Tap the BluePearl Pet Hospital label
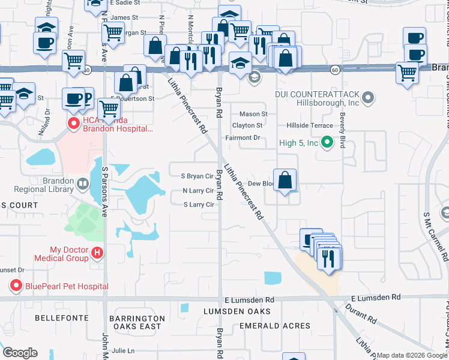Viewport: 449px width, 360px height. [x=67, y=286]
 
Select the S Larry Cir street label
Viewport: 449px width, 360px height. [x=199, y=205]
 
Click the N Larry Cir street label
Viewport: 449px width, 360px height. [x=199, y=191]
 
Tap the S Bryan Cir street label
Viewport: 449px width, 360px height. [x=197, y=176]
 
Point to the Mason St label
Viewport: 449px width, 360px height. [x=253, y=114]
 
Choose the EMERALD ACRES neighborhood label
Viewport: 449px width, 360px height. [x=274, y=326]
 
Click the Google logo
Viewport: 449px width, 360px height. [x=19, y=353]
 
